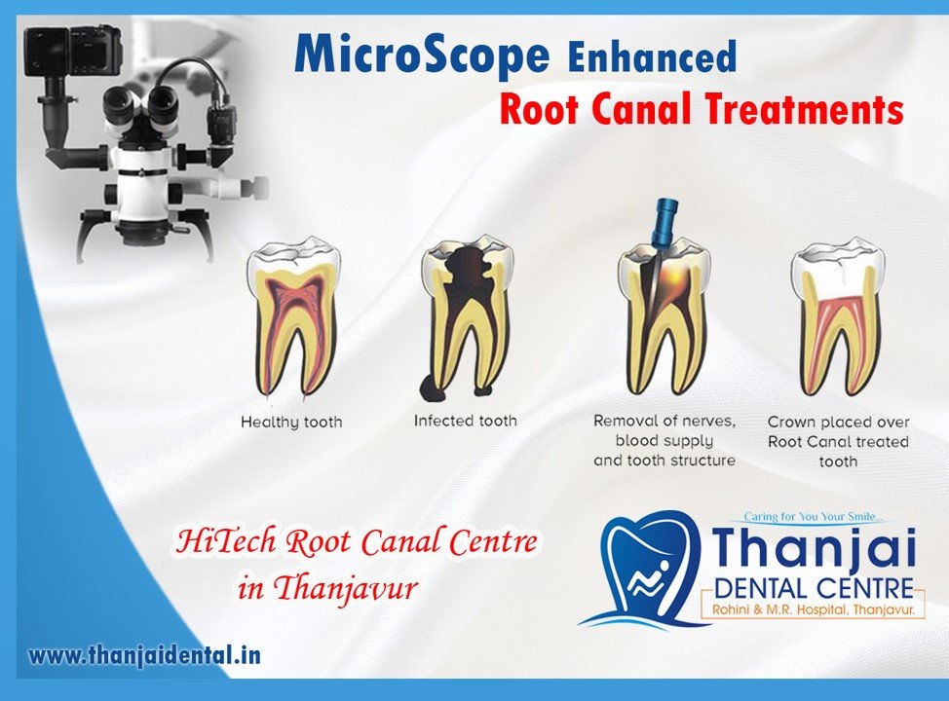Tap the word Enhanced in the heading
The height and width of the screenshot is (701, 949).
tap(652, 57)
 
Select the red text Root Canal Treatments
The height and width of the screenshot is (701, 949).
tap(701, 111)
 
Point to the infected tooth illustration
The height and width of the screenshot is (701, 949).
tap(465, 312)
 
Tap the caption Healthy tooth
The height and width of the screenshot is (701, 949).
tap(291, 424)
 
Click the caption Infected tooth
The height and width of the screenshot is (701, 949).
tap(466, 421)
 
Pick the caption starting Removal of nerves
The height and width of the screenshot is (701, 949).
tap(664, 440)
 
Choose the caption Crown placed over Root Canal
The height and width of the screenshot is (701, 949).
tap(838, 441)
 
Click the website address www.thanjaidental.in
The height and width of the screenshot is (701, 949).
tap(144, 655)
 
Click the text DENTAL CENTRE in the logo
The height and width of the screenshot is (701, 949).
tap(815, 588)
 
